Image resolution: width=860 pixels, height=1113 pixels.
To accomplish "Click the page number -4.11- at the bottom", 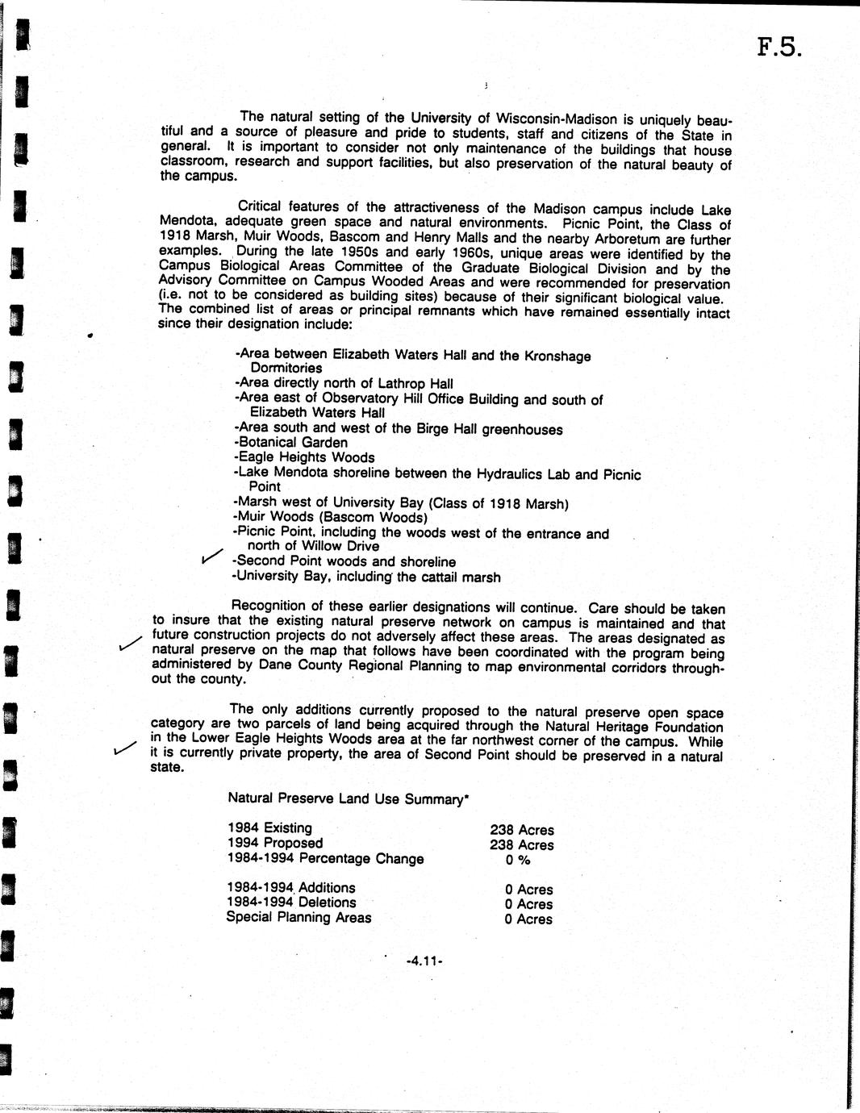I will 426,961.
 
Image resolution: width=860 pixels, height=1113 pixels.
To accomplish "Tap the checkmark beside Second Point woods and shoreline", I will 211,555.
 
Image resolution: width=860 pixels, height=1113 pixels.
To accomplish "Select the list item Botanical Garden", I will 291,443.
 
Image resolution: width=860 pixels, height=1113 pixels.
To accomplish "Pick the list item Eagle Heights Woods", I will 304,457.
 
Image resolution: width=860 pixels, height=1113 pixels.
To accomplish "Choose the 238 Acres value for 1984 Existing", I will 522,830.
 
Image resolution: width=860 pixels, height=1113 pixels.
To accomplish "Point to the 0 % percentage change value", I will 517,860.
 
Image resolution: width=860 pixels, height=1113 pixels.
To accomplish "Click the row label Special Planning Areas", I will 298,917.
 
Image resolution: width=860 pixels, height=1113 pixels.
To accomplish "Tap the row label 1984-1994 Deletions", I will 291,902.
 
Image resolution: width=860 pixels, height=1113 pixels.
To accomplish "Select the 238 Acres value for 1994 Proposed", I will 522,845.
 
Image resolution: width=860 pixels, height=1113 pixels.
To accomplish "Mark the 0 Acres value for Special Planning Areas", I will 528,919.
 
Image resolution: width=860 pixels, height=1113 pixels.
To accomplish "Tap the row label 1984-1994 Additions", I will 291,887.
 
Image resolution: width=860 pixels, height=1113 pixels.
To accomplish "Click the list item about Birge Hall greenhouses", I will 399,429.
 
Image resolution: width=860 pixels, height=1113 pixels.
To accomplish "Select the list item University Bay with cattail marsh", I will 366,577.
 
